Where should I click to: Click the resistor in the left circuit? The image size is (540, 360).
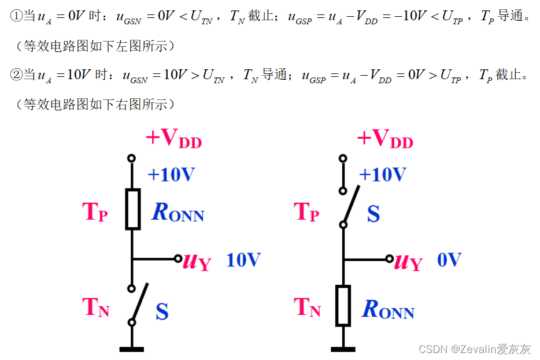132,209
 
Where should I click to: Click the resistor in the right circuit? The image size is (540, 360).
343,305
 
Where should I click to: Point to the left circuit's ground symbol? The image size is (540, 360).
132,348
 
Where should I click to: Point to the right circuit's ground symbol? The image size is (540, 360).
343,348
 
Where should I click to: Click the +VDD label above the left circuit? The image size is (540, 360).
173,139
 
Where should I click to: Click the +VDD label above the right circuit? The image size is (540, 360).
385,139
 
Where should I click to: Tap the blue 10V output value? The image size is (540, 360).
243,260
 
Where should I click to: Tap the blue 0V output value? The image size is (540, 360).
449,260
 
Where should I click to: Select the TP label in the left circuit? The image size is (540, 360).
95,212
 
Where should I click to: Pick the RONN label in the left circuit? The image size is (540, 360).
178,213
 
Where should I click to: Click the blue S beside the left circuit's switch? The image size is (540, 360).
162,312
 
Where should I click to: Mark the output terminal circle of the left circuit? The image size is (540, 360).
179,259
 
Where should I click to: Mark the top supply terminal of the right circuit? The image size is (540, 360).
343,158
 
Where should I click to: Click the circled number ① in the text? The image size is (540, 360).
16,16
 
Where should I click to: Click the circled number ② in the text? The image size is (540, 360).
16,75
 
